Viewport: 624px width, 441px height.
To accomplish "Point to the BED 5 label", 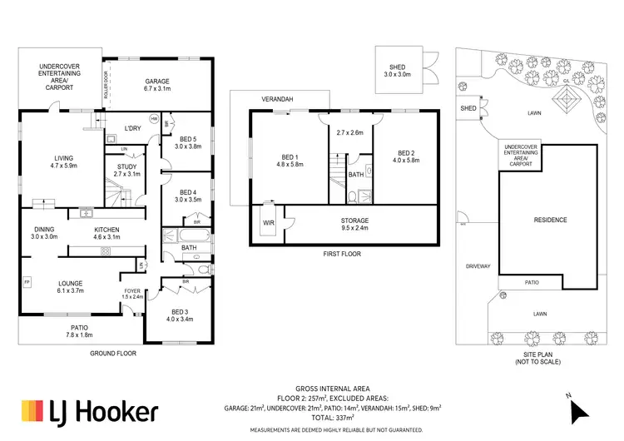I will [187, 142].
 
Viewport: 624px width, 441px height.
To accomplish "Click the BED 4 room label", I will [187, 196].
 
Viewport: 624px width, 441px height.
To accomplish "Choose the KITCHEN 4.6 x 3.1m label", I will [107, 234].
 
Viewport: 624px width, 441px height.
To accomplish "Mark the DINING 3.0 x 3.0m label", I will [44, 234].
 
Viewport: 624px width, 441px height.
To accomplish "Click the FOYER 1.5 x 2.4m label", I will [133, 294].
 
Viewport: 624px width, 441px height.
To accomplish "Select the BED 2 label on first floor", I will [406, 158].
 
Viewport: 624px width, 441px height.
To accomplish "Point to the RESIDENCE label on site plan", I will [550, 220].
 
